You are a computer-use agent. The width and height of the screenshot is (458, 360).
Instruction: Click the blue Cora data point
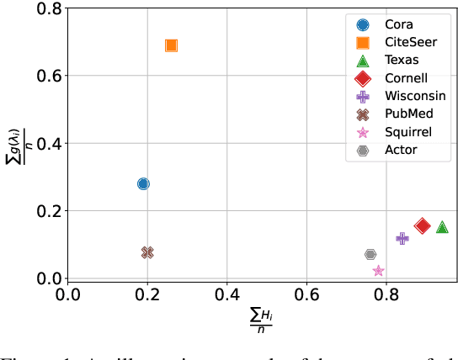pos(143,183)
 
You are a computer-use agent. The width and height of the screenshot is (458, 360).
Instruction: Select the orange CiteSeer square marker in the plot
pos(171,45)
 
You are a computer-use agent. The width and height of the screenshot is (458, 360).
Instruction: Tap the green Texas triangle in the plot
pos(442,226)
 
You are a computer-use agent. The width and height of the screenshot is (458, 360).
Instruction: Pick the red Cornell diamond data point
pos(423,225)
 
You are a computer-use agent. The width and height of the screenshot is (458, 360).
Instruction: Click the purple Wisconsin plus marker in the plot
pos(402,239)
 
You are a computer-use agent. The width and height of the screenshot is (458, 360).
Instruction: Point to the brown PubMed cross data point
pos(147,252)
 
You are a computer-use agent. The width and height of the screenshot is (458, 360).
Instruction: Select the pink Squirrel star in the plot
pos(379,270)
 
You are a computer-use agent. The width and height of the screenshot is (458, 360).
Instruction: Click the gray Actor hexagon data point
pos(370,254)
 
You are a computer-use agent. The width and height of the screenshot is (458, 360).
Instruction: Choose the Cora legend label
pos(401,24)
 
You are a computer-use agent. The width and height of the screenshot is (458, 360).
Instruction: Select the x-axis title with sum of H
pos(262,320)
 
